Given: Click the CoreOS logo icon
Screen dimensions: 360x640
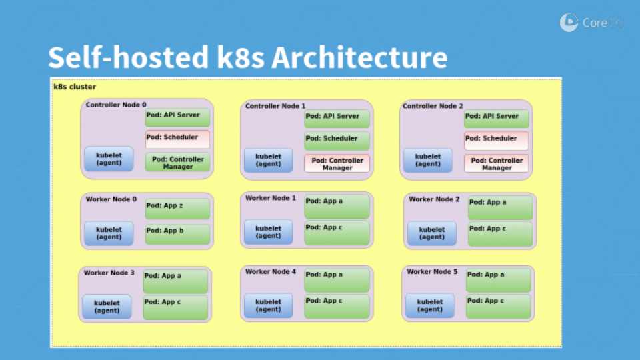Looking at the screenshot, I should click(569, 23).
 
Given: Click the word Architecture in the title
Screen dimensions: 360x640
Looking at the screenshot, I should click(359, 58).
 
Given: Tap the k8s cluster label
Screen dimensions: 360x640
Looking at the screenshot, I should click(75, 87).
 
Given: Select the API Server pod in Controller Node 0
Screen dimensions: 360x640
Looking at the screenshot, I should click(177, 117).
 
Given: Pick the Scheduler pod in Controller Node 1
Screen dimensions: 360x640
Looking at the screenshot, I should click(337, 141).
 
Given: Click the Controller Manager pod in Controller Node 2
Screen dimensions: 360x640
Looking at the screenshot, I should click(496, 163).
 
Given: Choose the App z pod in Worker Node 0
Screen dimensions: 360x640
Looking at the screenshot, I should click(177, 208).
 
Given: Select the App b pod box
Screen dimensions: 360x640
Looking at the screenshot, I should click(177, 233).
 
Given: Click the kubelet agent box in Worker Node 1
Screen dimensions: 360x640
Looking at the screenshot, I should click(268, 231).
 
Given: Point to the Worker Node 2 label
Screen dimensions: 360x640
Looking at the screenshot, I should click(434, 199).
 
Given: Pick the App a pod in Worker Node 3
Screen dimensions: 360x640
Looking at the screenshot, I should click(175, 281).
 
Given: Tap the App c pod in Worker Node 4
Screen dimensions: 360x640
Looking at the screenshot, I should click(337, 306).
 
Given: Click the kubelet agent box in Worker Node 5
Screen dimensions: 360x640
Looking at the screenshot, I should click(430, 305).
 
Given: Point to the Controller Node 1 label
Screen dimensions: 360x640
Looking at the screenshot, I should click(275, 106).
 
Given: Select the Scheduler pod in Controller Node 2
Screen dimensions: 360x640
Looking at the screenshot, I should click(496, 141).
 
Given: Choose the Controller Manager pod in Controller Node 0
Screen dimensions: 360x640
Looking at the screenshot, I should click(177, 162).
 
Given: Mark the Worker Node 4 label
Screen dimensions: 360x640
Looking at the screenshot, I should click(271, 272).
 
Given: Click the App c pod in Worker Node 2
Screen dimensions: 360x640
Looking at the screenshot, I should click(500, 233).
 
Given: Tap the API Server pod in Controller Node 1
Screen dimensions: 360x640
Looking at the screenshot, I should click(337, 117).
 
